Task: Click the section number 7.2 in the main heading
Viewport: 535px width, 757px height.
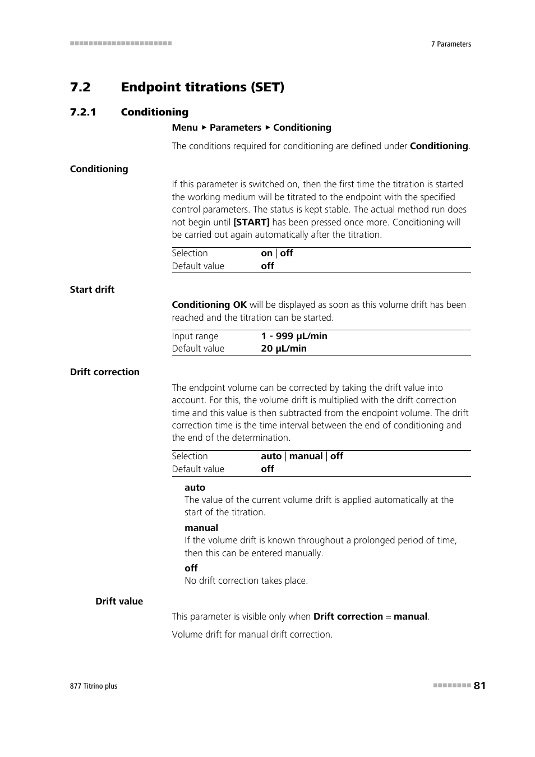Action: coord(80,87)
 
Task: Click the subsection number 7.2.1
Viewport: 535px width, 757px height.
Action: coord(83,112)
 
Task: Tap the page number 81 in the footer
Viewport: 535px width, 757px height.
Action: coord(479,685)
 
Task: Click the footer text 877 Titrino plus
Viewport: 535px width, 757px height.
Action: coord(94,686)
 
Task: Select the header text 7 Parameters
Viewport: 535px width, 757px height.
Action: coord(451,44)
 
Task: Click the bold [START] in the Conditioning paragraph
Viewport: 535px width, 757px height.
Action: coord(251,222)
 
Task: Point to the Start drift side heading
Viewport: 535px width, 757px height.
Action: coord(92,289)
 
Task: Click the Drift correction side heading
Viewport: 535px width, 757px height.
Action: coord(104,372)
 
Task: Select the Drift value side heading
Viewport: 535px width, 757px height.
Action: coord(119,601)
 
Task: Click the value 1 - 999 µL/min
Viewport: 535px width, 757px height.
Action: coord(294,336)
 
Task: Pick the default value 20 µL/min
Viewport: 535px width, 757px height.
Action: coord(284,348)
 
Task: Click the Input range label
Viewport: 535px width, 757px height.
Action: coord(195,336)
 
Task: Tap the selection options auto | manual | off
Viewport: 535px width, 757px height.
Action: coord(302,456)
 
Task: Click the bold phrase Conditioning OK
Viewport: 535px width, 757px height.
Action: coord(209,304)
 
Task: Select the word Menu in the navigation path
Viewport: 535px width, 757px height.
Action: coord(185,127)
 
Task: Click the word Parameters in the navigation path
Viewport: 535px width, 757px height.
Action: coord(236,127)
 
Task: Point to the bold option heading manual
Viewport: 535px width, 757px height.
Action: coord(201,528)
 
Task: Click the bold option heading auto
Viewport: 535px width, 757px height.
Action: coord(195,487)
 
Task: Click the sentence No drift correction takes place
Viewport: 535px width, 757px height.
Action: coord(246,580)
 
